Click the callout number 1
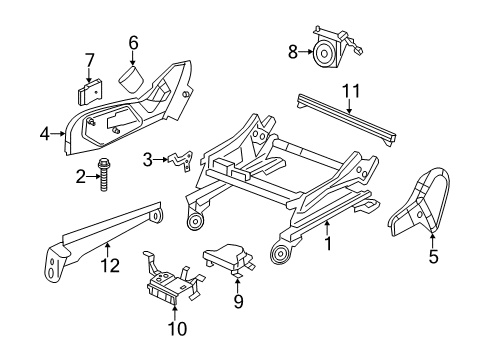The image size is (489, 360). tap(329, 241)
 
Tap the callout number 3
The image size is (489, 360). tap(147, 158)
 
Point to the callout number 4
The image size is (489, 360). tap(44, 130)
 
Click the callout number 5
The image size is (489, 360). tap(433, 257)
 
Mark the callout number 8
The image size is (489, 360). tap(292, 51)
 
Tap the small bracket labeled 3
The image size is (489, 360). tap(181, 159)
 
